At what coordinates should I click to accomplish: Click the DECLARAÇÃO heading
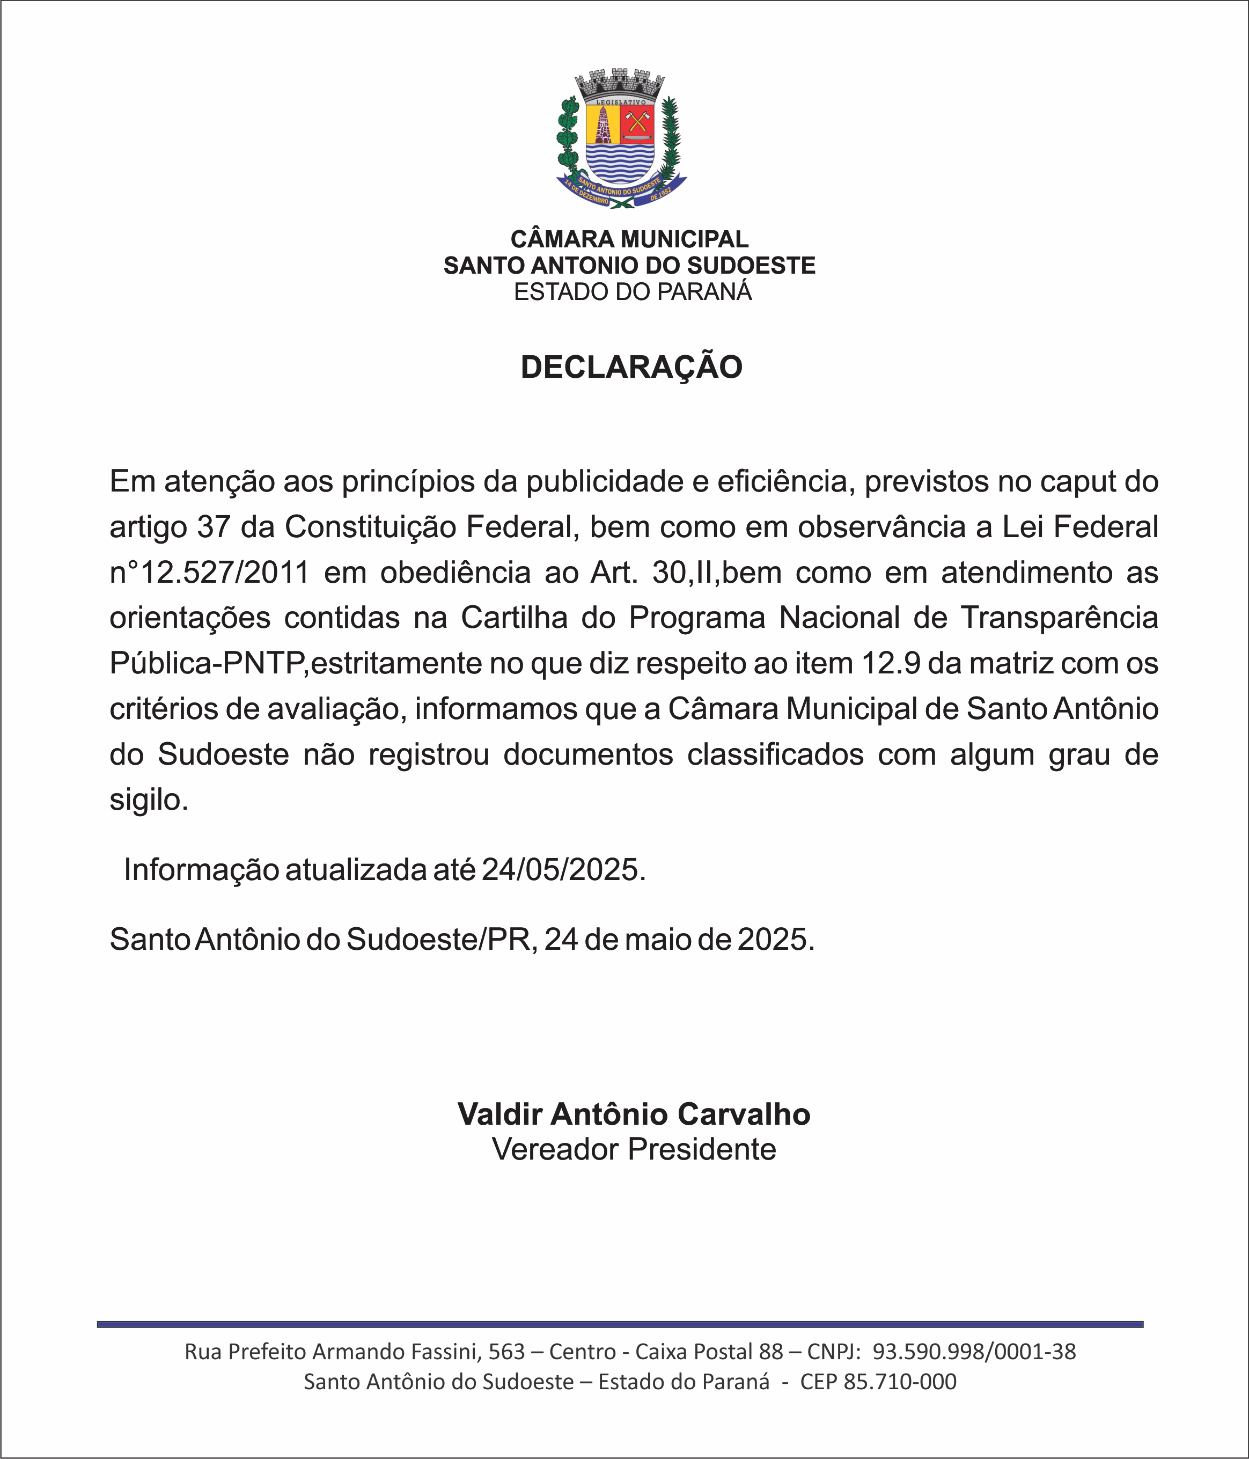(x=631, y=368)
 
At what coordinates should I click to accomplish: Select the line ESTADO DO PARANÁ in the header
(x=632, y=291)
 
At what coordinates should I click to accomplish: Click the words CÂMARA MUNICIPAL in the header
(x=629, y=239)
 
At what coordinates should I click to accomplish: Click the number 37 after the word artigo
(x=214, y=527)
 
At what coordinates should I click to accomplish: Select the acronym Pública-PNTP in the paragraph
(x=208, y=663)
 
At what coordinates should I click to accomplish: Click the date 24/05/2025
(x=563, y=870)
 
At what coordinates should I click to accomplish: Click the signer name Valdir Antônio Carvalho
(x=634, y=1114)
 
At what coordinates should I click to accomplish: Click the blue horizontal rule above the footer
(x=620, y=1324)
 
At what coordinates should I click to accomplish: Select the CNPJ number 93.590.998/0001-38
(x=974, y=1351)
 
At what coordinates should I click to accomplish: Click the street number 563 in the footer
(x=507, y=1351)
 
